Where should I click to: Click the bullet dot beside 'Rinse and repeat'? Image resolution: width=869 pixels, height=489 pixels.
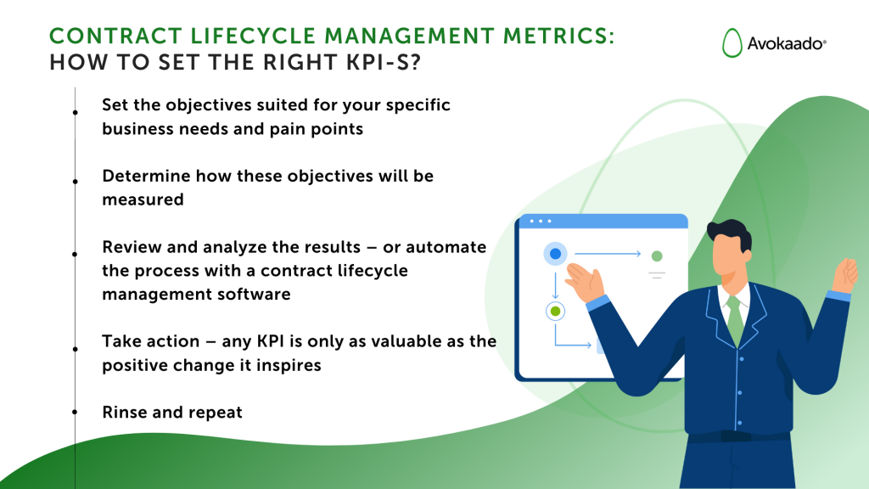pos(76,412)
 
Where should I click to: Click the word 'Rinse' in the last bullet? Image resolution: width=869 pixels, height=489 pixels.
pos(125,412)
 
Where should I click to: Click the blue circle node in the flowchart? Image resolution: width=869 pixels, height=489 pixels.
pos(555,253)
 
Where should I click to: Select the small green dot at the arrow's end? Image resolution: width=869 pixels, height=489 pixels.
pos(656,256)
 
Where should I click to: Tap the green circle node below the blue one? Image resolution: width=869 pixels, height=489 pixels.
pos(555,312)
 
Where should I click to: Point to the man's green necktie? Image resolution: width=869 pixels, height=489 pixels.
pos(734,318)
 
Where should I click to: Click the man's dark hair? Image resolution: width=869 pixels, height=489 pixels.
pos(732,231)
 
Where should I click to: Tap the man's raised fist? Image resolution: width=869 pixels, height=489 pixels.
pos(845,273)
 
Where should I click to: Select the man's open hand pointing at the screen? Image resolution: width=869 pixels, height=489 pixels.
pos(584,279)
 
